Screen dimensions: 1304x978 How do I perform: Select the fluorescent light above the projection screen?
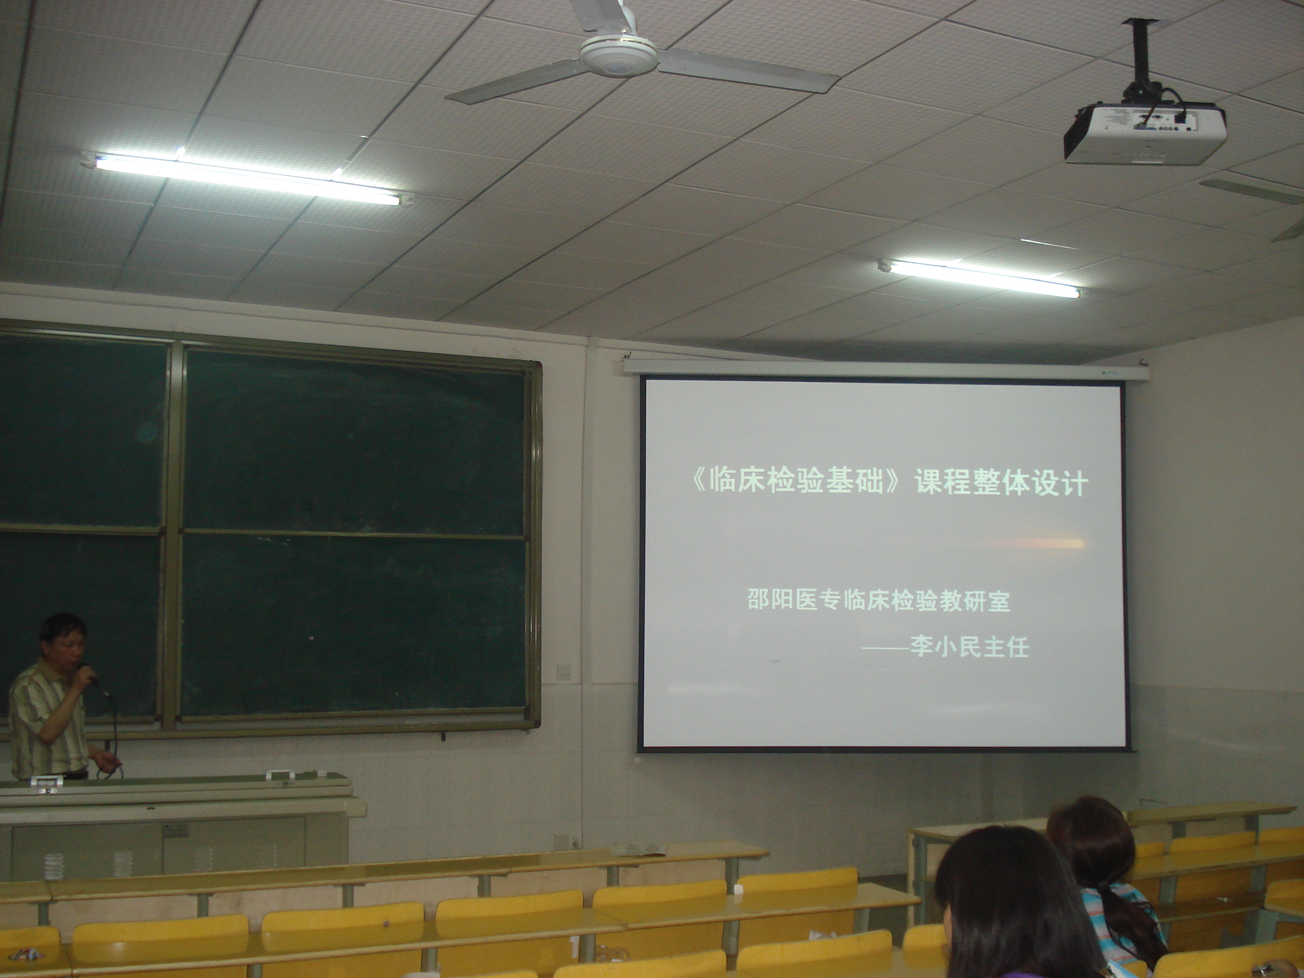pos(980,278)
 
